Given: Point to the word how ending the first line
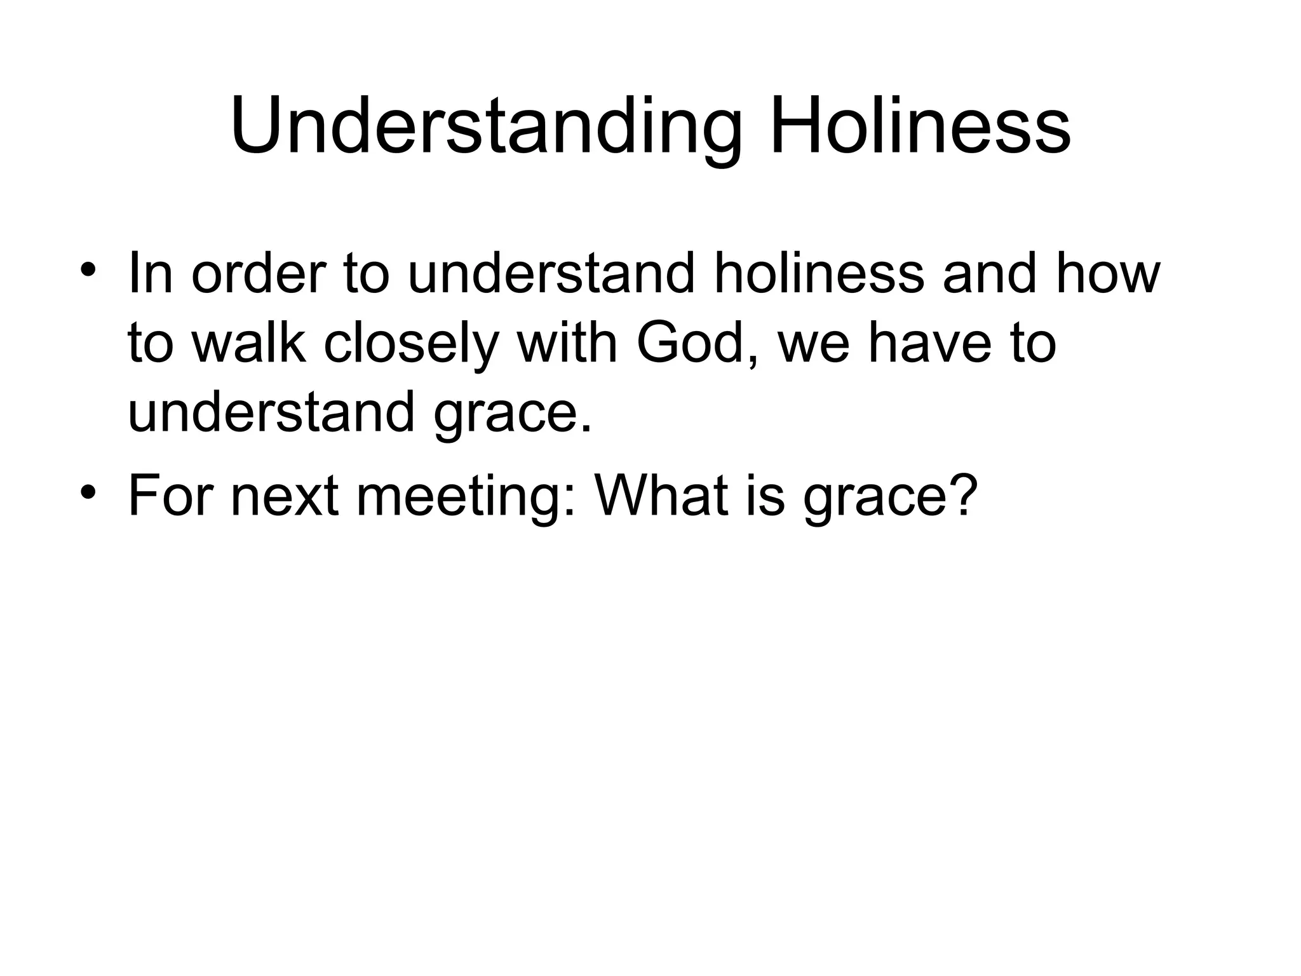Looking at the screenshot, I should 1108,274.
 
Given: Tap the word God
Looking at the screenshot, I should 695,344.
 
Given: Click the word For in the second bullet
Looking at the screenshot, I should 168,496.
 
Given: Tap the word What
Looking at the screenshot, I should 660,496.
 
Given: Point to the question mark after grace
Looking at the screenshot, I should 959,496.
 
